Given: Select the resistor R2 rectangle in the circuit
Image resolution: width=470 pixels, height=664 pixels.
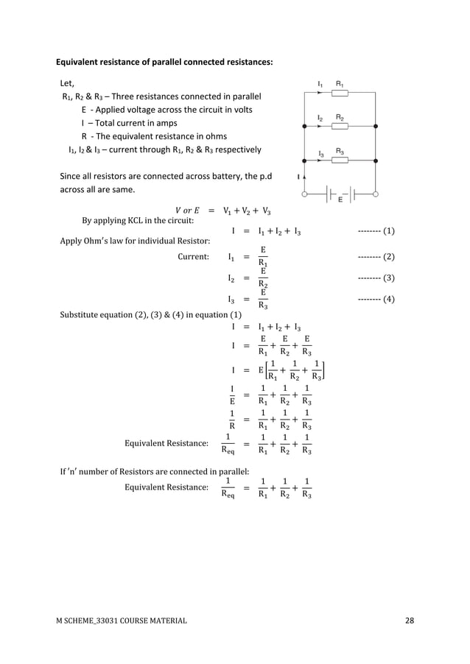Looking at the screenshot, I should (x=340, y=127).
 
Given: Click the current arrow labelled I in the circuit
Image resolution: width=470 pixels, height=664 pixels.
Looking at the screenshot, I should (x=305, y=177).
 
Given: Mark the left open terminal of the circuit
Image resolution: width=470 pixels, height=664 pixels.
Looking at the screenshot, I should (x=305, y=194).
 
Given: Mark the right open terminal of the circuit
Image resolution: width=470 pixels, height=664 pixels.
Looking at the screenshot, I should (x=376, y=194).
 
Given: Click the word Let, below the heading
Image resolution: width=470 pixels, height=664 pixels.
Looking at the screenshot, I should (x=67, y=82).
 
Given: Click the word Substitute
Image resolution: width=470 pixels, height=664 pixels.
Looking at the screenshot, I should (x=80, y=316).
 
